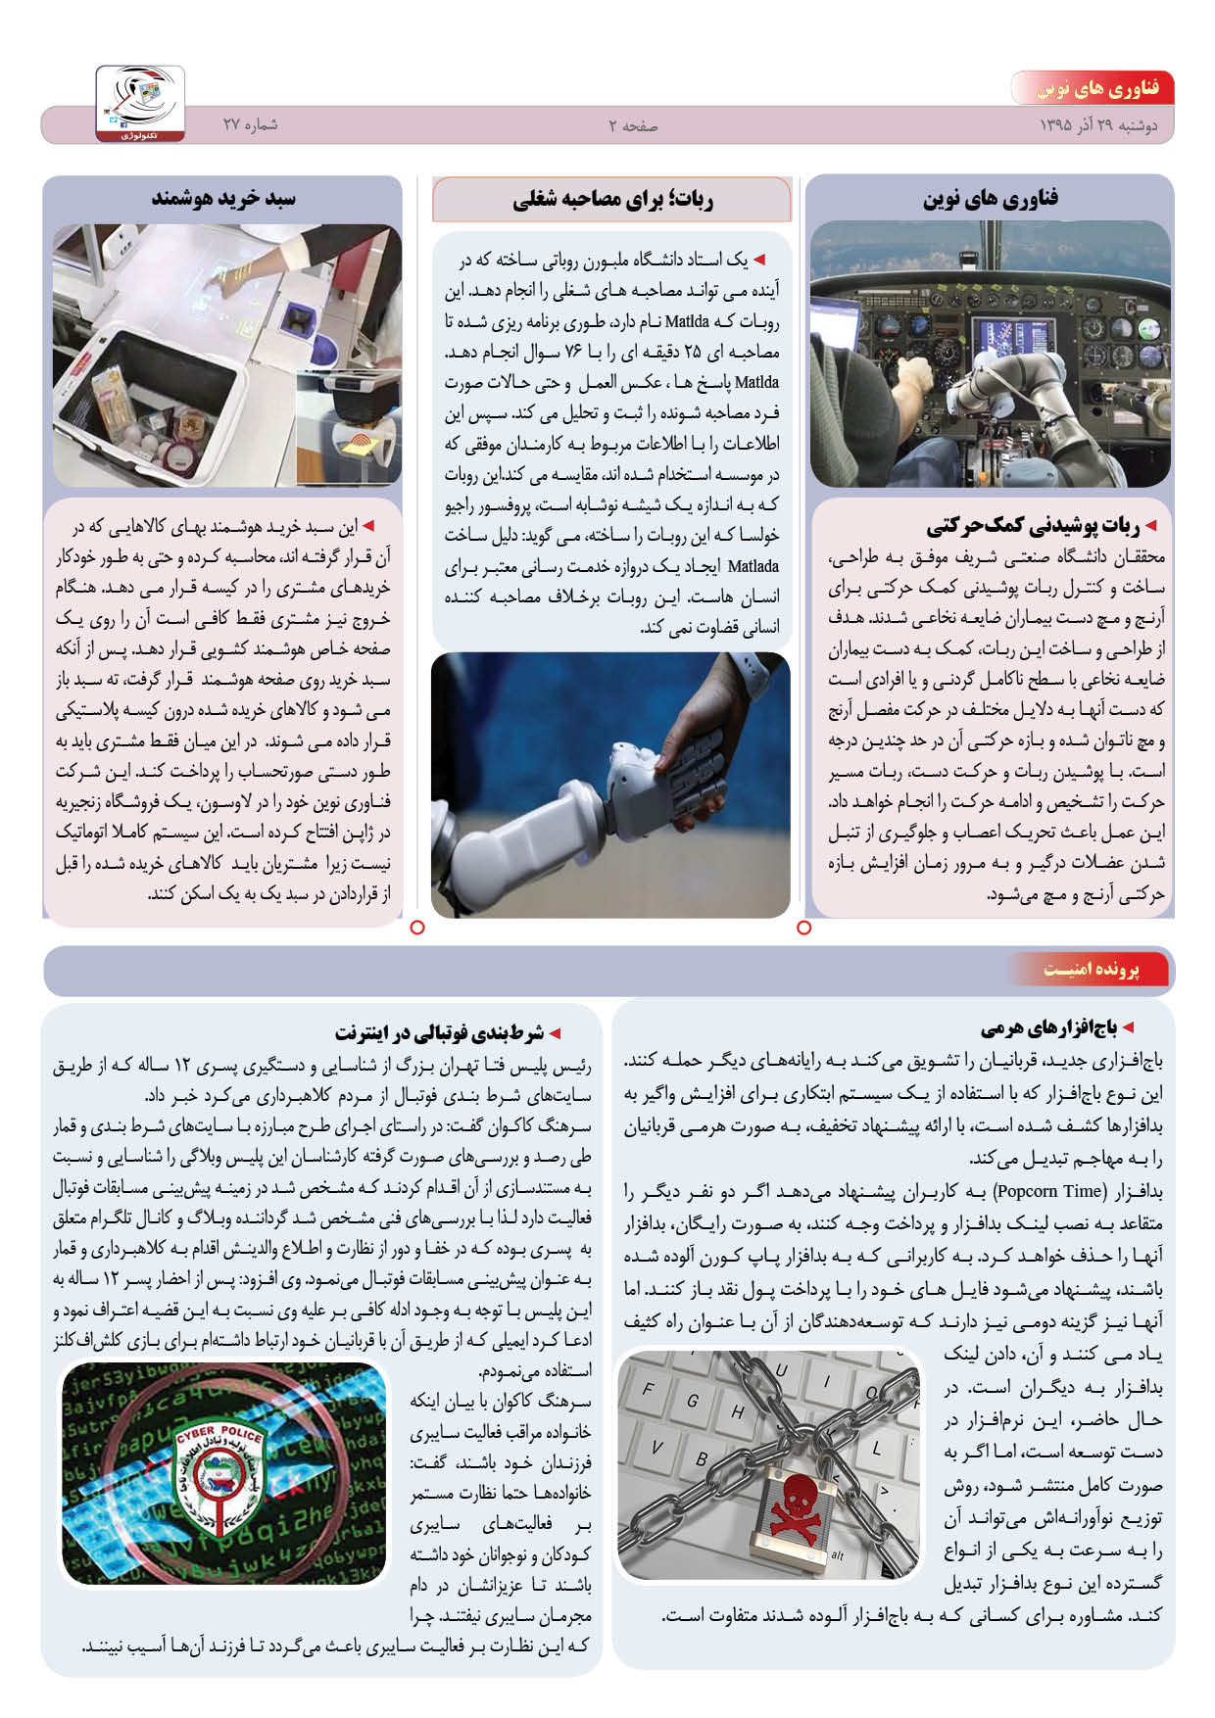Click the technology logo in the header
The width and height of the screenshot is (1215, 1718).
140,102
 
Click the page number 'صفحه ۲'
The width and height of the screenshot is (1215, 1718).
633,125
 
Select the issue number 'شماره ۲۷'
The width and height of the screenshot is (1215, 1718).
250,124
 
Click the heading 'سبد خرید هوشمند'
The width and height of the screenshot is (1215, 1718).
223,198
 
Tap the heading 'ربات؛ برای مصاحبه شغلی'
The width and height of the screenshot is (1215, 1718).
612,200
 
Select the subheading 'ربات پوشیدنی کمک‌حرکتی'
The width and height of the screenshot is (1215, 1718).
1033,526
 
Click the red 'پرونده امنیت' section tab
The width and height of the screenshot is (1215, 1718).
1092,970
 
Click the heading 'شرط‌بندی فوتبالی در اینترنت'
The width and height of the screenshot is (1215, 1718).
439,1032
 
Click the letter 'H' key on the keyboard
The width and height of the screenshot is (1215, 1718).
737,1411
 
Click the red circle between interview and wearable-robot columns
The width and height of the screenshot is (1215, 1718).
804,927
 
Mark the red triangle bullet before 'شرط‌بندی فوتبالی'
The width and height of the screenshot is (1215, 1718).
555,1033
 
